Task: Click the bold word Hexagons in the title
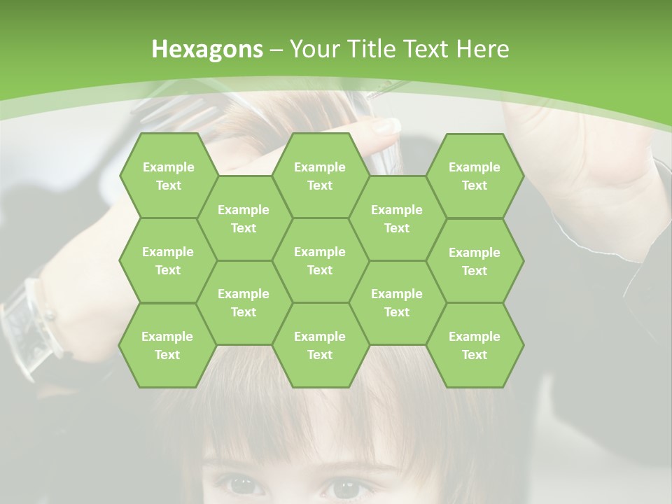tap(207, 49)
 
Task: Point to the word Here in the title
tap(482, 49)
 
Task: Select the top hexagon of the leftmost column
tap(168, 176)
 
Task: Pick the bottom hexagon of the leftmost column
tap(167, 345)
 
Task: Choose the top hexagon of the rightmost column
tap(475, 176)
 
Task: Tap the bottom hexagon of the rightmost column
tap(475, 345)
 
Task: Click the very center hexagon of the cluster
tap(320, 260)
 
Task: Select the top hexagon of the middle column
tap(320, 176)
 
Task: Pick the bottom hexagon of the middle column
tap(320, 345)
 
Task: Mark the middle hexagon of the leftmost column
tap(168, 260)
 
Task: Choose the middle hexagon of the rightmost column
tap(475, 261)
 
